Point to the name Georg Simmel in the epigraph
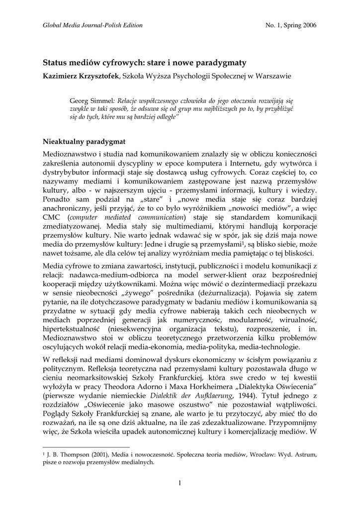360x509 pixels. (89, 99)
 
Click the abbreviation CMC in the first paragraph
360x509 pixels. (52, 217)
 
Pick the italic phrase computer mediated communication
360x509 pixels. (126, 217)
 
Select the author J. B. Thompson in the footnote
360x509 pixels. (70, 454)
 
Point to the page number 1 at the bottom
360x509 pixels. (180, 484)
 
